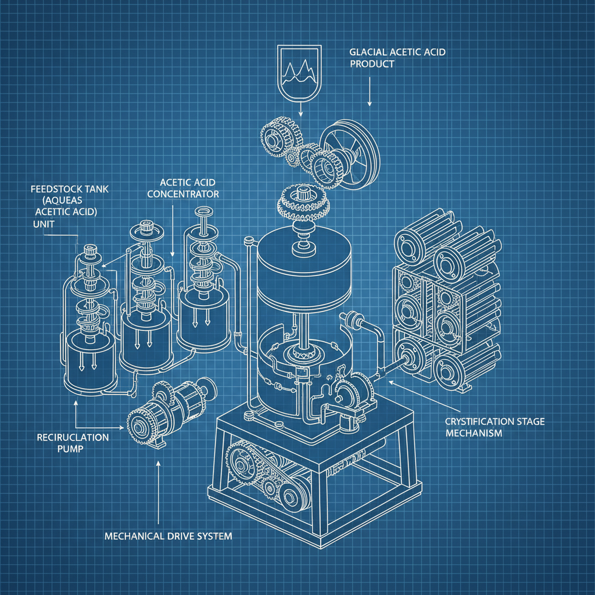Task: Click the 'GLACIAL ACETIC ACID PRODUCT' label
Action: pos(397,58)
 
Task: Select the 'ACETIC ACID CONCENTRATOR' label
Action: pos(183,187)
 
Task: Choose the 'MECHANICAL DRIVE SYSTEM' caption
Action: pos(168,536)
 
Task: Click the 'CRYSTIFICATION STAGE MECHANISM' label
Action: pos(494,427)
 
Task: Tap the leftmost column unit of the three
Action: pos(87,325)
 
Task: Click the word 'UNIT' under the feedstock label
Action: pos(41,223)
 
